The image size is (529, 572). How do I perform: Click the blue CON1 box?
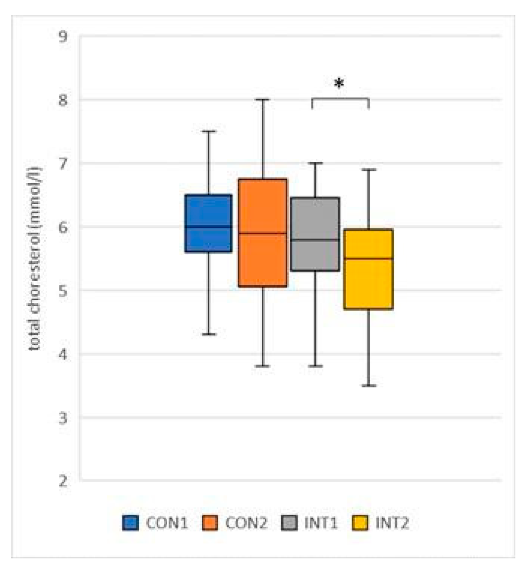[x=209, y=223]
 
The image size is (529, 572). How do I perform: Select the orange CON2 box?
[x=263, y=233]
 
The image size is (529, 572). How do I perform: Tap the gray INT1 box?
[x=315, y=234]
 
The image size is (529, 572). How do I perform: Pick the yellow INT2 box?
[x=368, y=269]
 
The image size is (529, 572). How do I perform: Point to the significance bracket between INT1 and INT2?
[x=340, y=99]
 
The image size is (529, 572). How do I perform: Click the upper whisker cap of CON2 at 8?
[x=263, y=100]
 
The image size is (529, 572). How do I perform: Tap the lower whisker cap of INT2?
[x=369, y=386]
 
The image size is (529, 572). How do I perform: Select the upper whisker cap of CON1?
[x=209, y=131]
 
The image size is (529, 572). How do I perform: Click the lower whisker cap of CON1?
[x=209, y=334]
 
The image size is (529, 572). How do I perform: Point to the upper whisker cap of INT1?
[x=315, y=163]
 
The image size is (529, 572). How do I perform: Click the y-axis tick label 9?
[x=63, y=37]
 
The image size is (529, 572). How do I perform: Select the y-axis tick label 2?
[x=63, y=481]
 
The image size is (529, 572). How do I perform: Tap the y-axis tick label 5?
[x=63, y=291]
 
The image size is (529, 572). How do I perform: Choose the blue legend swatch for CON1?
[x=130, y=523]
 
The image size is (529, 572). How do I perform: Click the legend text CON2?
[x=246, y=523]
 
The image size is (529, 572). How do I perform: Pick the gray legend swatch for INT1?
[x=289, y=523]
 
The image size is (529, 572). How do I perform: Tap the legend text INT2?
[x=392, y=523]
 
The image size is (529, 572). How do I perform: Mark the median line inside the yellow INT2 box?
[x=368, y=258]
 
